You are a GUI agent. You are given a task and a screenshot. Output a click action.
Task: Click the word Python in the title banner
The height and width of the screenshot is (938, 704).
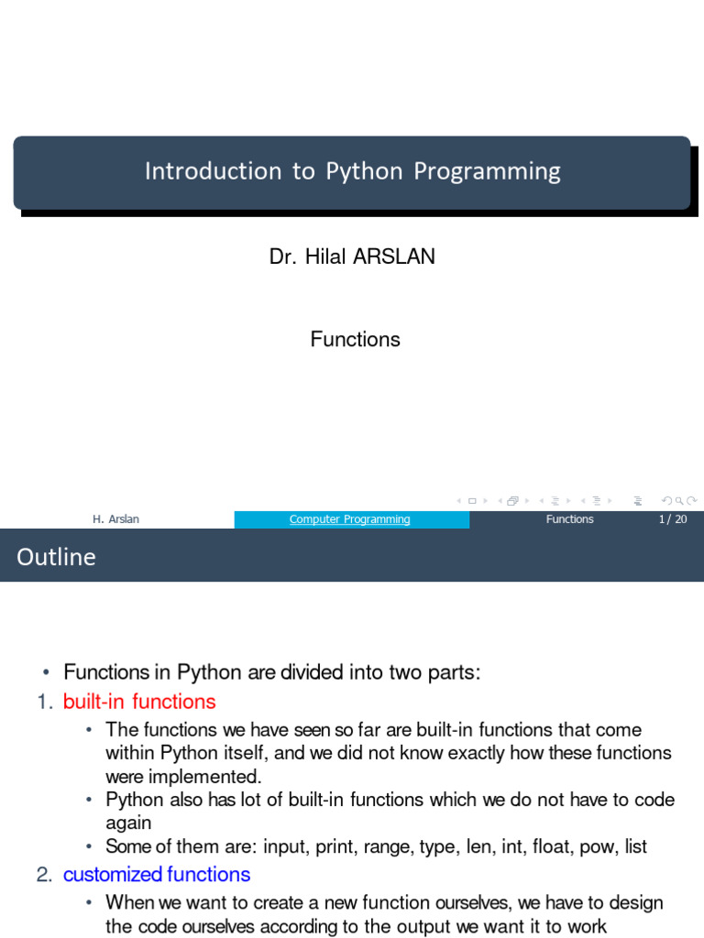365,172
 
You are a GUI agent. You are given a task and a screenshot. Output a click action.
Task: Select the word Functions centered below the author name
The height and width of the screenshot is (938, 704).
356,340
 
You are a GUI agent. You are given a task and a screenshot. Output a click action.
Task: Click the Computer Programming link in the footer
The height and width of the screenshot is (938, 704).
350,519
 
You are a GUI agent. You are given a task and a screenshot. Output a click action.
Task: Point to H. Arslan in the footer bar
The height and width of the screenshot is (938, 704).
115,519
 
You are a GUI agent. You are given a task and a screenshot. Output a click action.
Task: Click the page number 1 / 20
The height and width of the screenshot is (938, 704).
672,519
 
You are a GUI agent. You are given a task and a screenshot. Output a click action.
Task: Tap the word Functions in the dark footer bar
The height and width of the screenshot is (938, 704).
569,519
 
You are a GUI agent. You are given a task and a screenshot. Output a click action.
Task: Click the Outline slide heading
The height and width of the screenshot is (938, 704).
56,557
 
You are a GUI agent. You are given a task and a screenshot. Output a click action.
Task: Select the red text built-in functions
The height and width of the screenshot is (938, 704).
139,703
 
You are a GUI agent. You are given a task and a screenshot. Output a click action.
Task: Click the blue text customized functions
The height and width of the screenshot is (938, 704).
157,875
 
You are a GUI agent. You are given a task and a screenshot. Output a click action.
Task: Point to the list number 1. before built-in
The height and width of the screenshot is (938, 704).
46,703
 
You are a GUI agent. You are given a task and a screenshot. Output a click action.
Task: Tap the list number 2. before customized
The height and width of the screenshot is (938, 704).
45,875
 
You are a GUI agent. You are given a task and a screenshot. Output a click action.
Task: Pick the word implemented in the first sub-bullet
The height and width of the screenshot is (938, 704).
203,777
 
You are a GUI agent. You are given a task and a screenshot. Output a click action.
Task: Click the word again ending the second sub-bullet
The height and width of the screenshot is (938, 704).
128,823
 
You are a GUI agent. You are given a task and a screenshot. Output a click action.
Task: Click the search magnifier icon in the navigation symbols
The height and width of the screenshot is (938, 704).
679,500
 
